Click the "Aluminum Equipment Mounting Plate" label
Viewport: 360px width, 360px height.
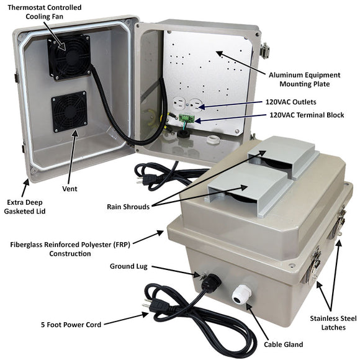pyautogui.click(x=304, y=79)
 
